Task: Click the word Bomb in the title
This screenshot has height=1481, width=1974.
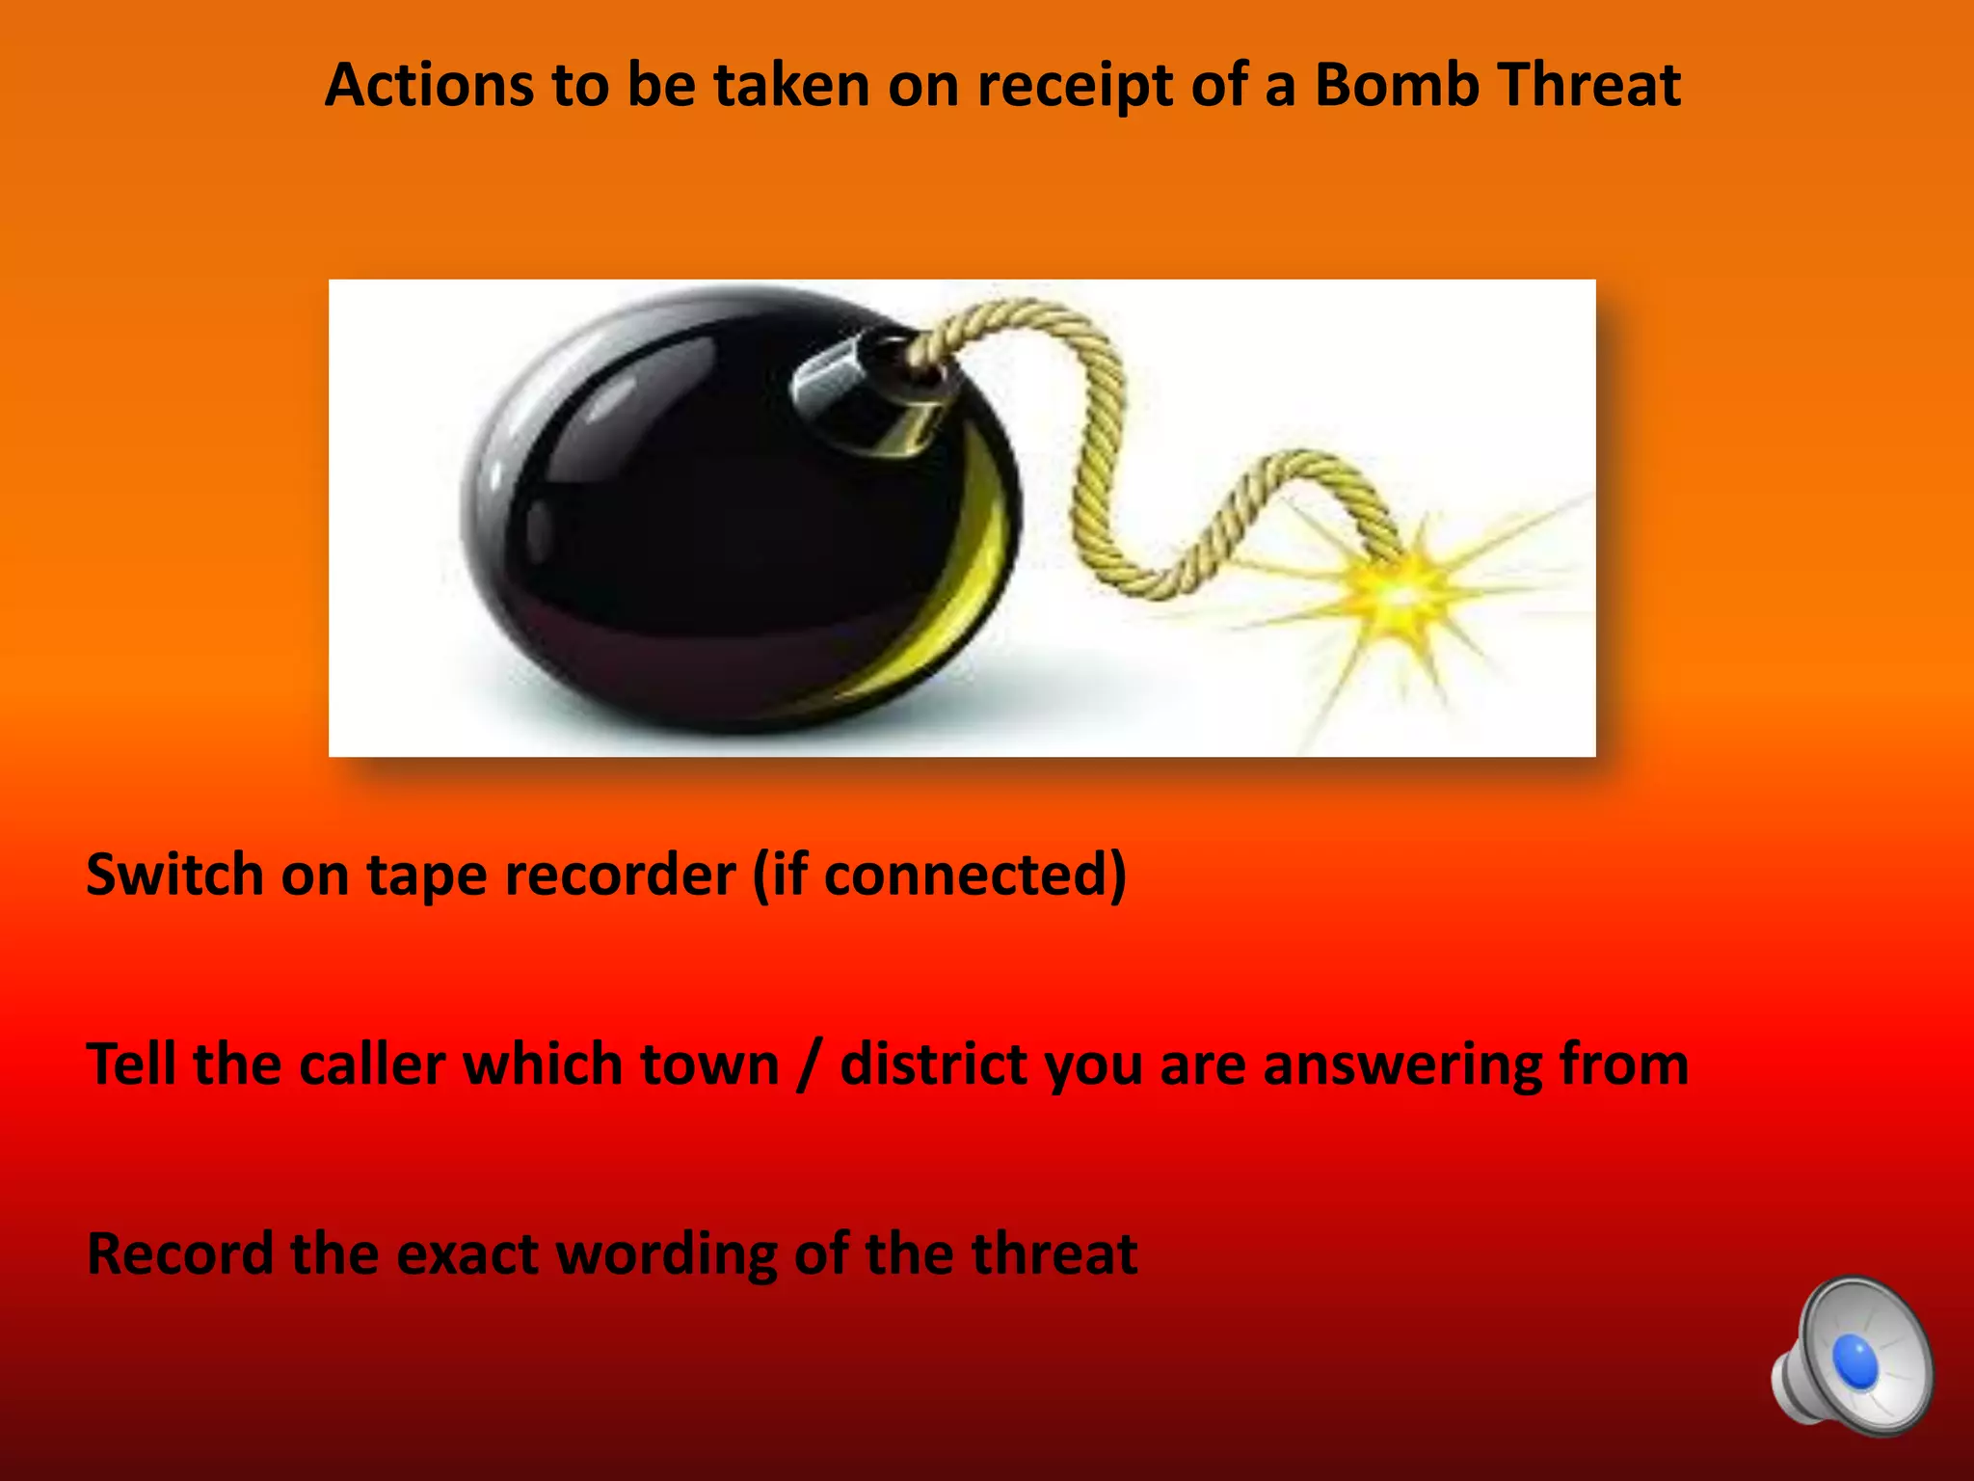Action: pos(1397,85)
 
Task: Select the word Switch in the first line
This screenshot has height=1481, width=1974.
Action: pos(174,875)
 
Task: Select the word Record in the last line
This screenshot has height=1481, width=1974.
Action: pos(179,1254)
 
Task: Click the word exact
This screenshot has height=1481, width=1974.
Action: pos(467,1254)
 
